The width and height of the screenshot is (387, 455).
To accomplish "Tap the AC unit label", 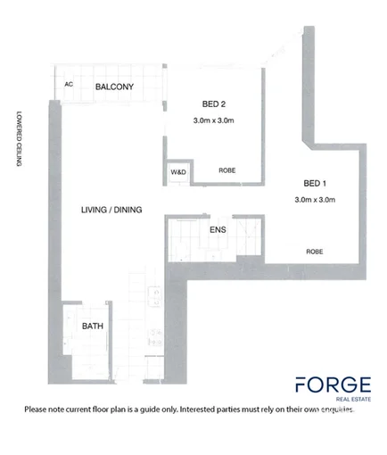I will (x=69, y=85).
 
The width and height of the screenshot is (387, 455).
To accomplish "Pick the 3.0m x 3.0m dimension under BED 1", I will (x=315, y=200).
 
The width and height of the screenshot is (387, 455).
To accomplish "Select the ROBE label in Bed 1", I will (x=315, y=252).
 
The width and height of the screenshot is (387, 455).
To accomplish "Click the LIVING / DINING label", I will (x=111, y=210).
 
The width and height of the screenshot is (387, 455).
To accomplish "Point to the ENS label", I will (x=218, y=231).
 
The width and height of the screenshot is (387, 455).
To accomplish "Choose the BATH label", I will (x=93, y=327).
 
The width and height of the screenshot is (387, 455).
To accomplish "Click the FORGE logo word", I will (x=333, y=385).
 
